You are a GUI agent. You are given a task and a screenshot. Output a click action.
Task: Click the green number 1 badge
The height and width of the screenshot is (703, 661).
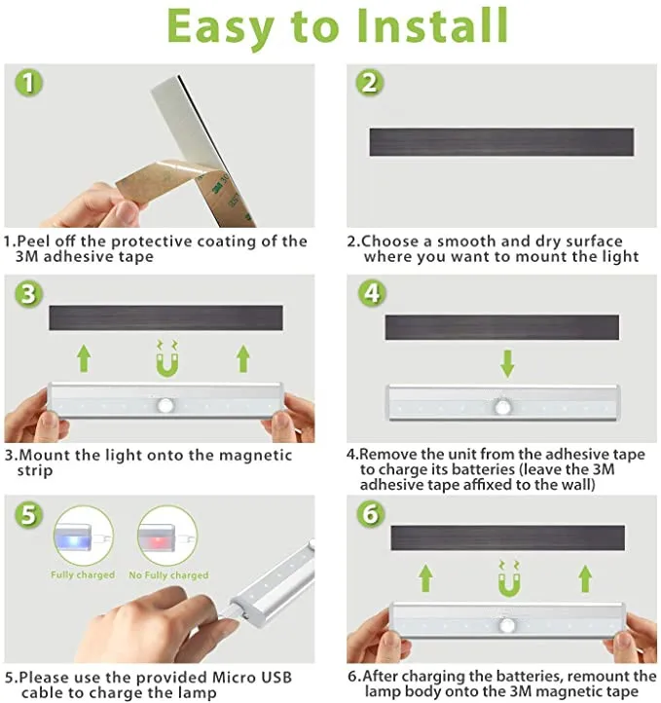coord(28,83)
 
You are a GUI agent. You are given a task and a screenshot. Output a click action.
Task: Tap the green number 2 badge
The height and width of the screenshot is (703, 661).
coord(370,83)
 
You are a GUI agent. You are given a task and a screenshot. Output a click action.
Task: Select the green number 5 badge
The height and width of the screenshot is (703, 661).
coord(28,514)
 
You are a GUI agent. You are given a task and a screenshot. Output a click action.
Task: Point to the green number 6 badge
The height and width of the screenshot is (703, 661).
coord(371,513)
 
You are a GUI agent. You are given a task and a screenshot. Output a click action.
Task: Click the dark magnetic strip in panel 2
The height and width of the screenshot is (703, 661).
coord(501,142)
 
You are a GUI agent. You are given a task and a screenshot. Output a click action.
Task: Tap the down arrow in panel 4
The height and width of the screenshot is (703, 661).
coord(507,363)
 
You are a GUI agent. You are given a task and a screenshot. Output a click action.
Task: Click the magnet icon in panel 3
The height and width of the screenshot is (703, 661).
coord(167,359)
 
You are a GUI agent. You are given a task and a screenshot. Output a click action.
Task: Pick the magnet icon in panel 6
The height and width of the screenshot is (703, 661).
coord(509,578)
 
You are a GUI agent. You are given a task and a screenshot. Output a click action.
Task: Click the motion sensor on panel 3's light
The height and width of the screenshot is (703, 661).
coord(165,405)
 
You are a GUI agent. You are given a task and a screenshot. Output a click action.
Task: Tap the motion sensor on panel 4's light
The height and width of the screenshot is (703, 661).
coord(503,407)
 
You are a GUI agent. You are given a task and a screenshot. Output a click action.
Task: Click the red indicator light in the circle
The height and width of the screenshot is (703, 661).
coord(157,537)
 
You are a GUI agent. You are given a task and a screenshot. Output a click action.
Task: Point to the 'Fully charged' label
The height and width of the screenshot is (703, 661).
coord(83,574)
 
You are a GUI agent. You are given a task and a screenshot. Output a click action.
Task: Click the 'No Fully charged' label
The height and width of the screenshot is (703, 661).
coord(168,575)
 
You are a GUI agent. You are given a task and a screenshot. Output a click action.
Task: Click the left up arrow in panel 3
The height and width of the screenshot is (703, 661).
coord(84,358)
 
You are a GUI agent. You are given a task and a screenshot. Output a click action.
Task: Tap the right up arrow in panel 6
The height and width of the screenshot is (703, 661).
coord(585,578)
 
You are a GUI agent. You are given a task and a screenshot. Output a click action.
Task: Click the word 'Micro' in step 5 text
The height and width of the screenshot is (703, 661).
coord(237,677)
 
